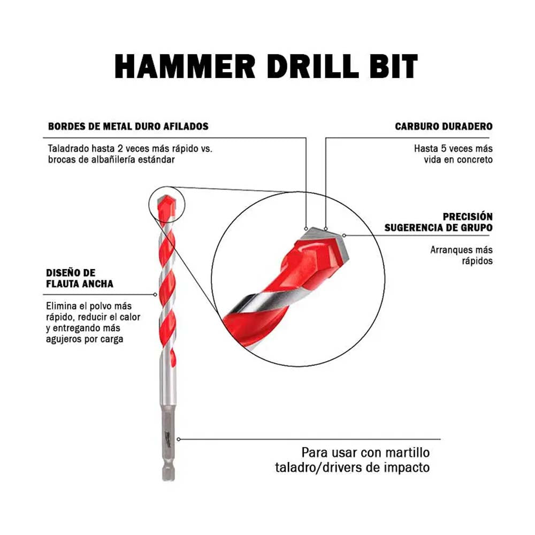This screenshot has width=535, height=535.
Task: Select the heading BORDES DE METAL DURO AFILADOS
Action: tap(128, 126)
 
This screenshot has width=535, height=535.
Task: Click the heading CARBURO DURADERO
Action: tap(444, 126)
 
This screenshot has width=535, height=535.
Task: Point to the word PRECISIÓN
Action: tap(468, 216)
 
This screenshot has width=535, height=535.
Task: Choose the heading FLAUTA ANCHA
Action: tap(80, 284)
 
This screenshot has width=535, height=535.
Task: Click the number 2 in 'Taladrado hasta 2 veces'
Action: tap(121, 148)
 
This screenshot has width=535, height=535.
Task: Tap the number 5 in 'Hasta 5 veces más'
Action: tap(443, 148)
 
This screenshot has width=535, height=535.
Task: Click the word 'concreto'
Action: tap(475, 159)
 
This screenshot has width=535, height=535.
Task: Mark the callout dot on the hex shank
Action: tap(179, 439)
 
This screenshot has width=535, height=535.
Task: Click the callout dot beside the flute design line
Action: tap(155, 294)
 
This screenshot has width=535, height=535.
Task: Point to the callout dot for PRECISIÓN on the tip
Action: tap(344, 235)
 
